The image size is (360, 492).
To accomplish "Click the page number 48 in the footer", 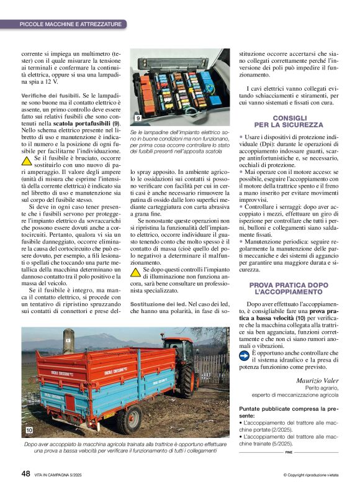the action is (25, 473).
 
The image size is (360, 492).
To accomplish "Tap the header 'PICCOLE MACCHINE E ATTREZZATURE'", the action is (70, 24).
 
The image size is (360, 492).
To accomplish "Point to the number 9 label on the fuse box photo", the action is (137, 118).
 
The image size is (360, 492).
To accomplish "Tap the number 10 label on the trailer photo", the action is (29, 430).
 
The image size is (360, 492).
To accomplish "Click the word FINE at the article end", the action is (289, 452).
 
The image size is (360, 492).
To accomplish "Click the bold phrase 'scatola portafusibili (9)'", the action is (82, 124).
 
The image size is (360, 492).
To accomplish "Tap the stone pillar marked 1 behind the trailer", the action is (66, 344).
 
